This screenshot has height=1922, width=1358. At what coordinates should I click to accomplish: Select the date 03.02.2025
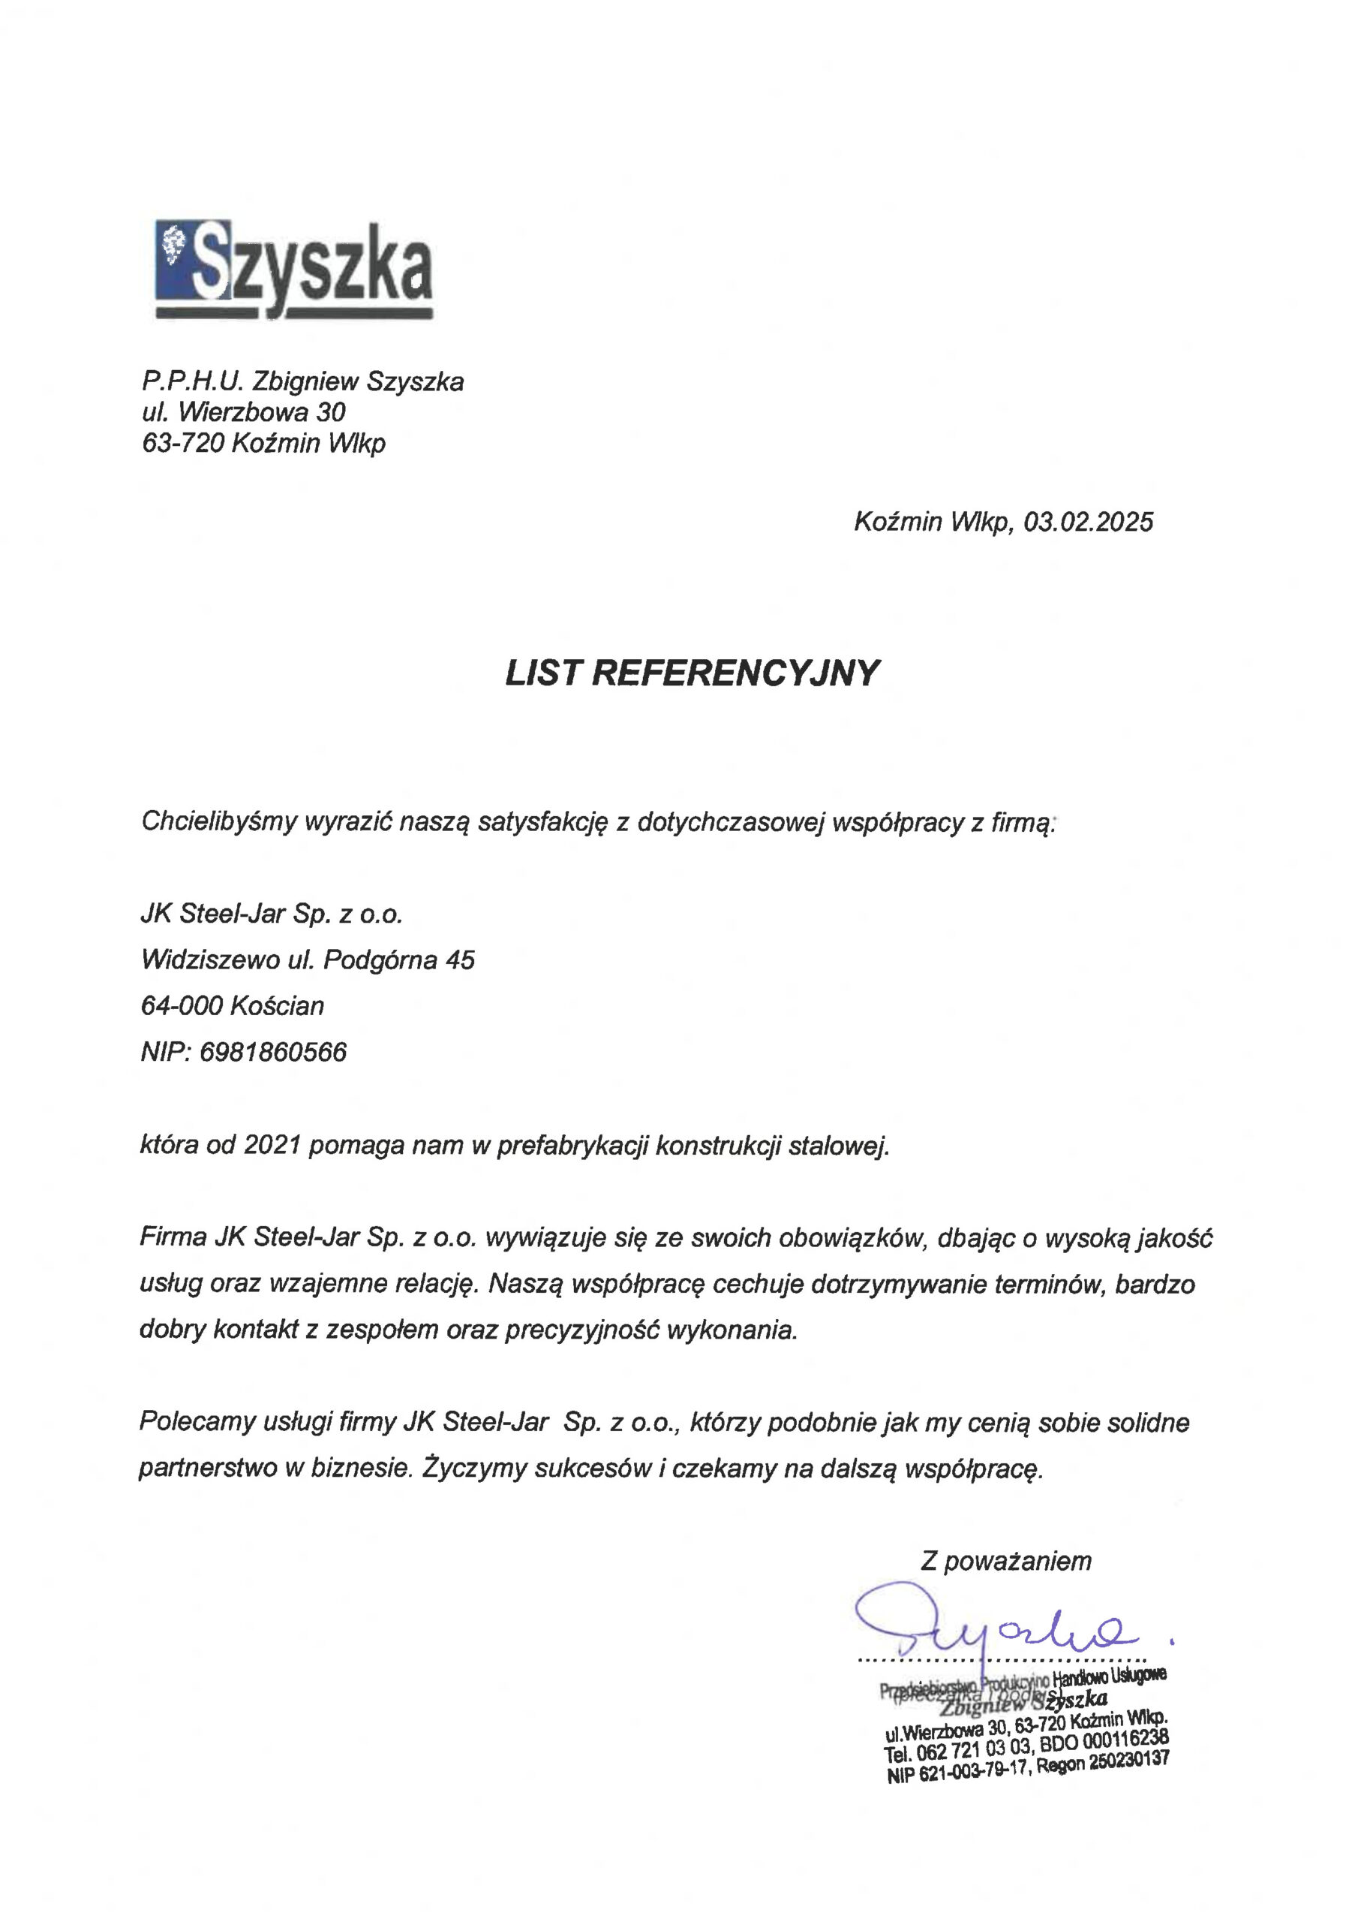click(x=1088, y=523)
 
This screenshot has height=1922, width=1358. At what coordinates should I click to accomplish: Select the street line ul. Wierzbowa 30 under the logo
click(x=244, y=412)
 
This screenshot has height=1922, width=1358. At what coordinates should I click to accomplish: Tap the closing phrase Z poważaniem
click(x=1005, y=1561)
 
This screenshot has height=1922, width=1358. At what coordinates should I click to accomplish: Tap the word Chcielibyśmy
click(x=219, y=822)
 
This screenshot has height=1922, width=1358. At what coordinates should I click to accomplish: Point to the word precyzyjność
click(x=582, y=1330)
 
